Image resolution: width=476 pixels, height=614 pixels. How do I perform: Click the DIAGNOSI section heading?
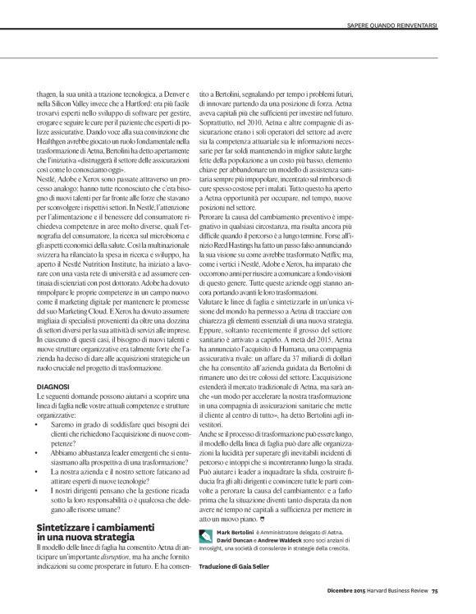(51, 384)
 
